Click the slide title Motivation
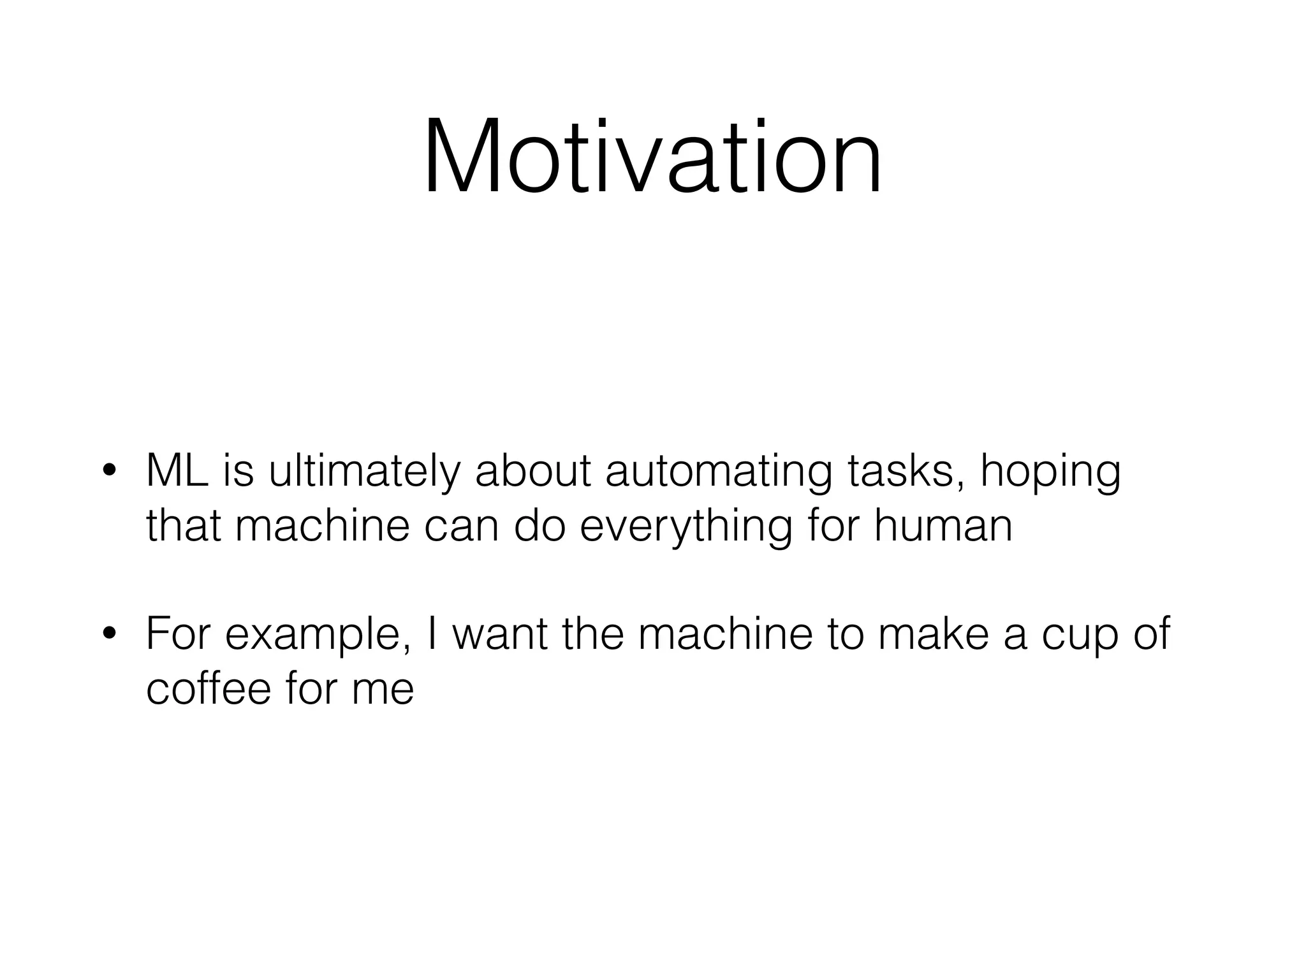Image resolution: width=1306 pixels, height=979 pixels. click(x=653, y=156)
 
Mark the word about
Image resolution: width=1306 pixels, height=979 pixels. click(x=533, y=472)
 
